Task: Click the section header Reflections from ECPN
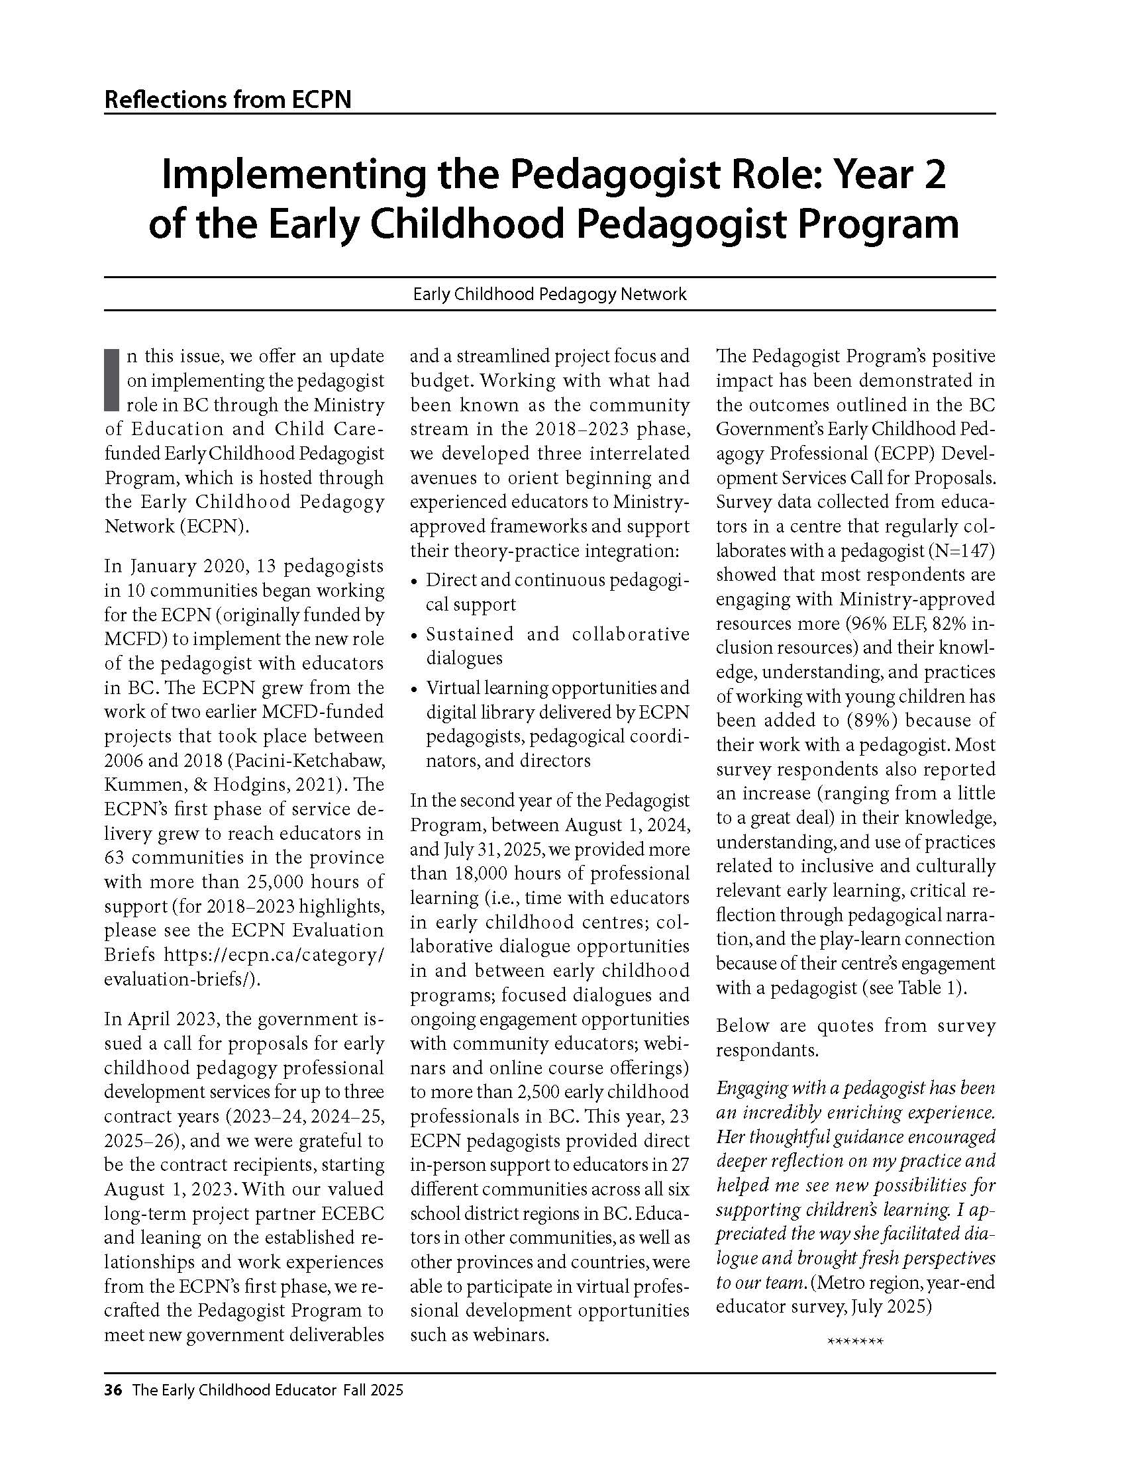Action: tap(227, 100)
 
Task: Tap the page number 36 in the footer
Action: tap(113, 1391)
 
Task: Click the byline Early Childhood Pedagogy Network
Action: tap(550, 294)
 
